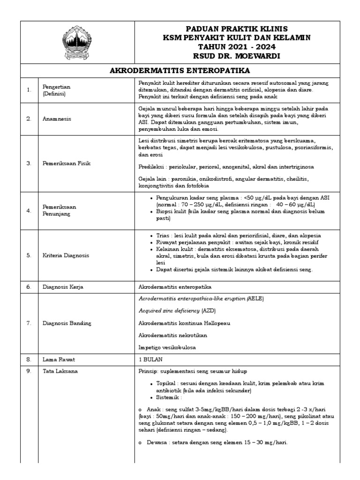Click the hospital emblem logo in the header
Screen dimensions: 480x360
point(77,44)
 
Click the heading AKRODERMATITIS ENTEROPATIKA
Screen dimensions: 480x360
point(180,70)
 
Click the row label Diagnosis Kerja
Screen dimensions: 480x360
point(63,286)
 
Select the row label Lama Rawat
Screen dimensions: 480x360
point(59,360)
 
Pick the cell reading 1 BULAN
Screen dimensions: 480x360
point(150,360)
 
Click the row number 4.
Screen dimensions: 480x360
point(29,210)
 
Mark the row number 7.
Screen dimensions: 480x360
point(29,322)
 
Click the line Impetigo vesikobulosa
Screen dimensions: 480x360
point(167,347)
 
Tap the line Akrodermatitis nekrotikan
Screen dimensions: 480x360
point(172,335)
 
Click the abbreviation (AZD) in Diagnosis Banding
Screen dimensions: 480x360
point(209,310)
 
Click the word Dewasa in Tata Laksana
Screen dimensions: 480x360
point(158,442)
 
